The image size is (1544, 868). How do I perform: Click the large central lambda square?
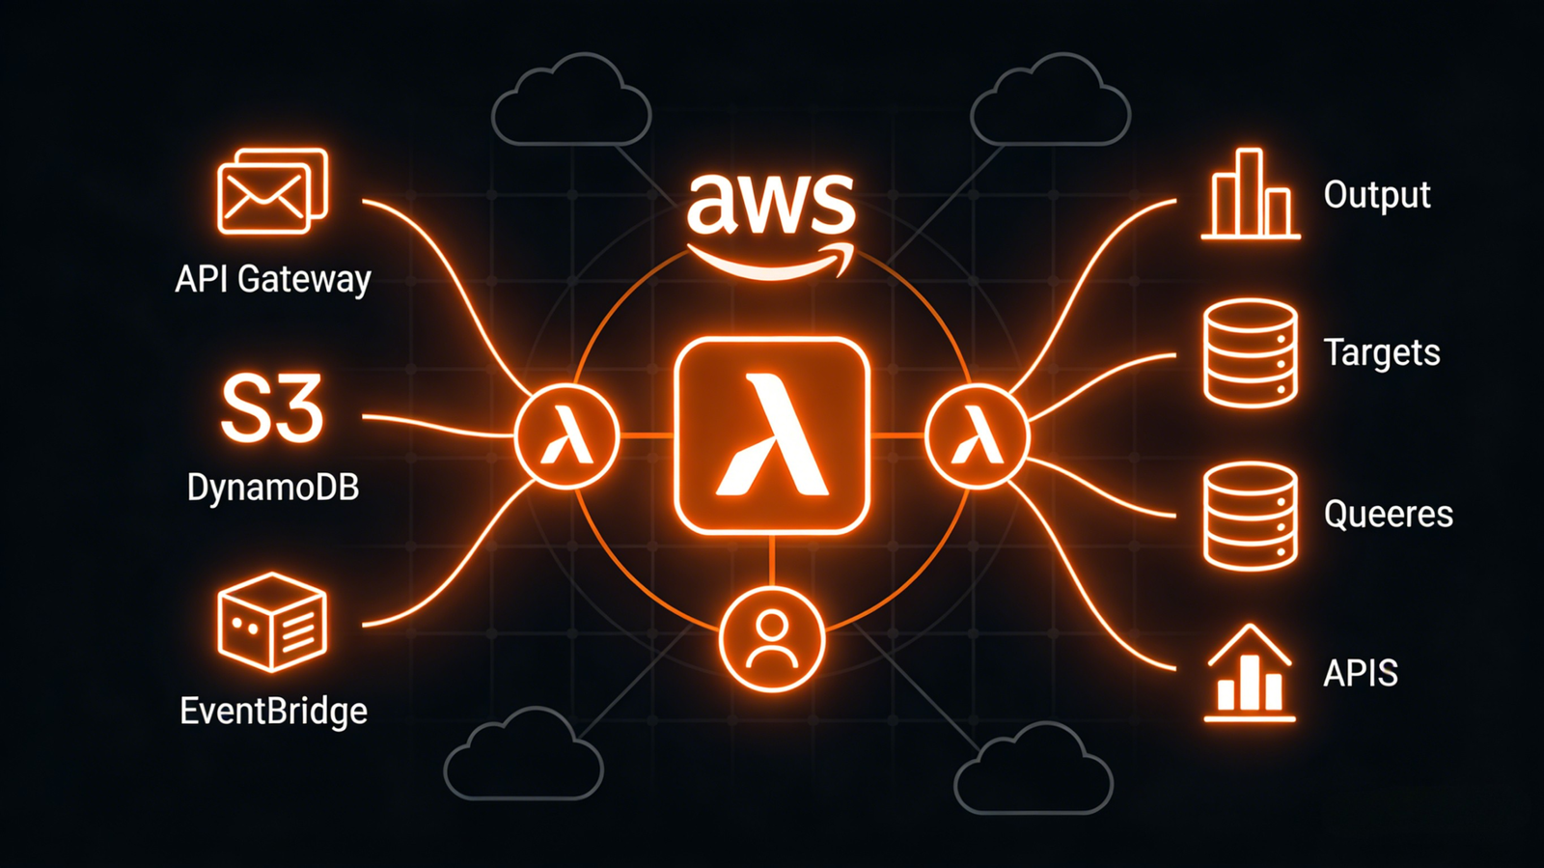[x=772, y=435]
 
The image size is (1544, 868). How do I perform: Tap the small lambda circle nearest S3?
[x=566, y=436]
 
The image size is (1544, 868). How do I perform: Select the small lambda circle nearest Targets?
[x=977, y=436]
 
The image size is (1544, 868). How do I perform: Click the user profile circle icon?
[x=772, y=639]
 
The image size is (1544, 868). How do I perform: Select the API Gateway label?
[x=273, y=279]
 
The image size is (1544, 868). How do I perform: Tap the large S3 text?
[x=271, y=410]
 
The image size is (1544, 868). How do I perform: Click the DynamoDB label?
[x=273, y=488]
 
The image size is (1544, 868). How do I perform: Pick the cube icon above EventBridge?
[x=272, y=622]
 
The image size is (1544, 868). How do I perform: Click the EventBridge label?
[x=274, y=712]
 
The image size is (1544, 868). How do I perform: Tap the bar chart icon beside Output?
[x=1250, y=195]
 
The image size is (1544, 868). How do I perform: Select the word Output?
[x=1377, y=195]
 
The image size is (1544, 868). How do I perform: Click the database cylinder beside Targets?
[x=1250, y=353]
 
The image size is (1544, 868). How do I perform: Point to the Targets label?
[x=1382, y=352]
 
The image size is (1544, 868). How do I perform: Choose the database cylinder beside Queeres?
[x=1250, y=515]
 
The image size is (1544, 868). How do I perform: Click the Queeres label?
[x=1388, y=514]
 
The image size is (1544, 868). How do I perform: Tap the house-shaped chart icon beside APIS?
[x=1250, y=673]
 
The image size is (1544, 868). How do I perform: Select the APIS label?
[x=1361, y=673]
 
